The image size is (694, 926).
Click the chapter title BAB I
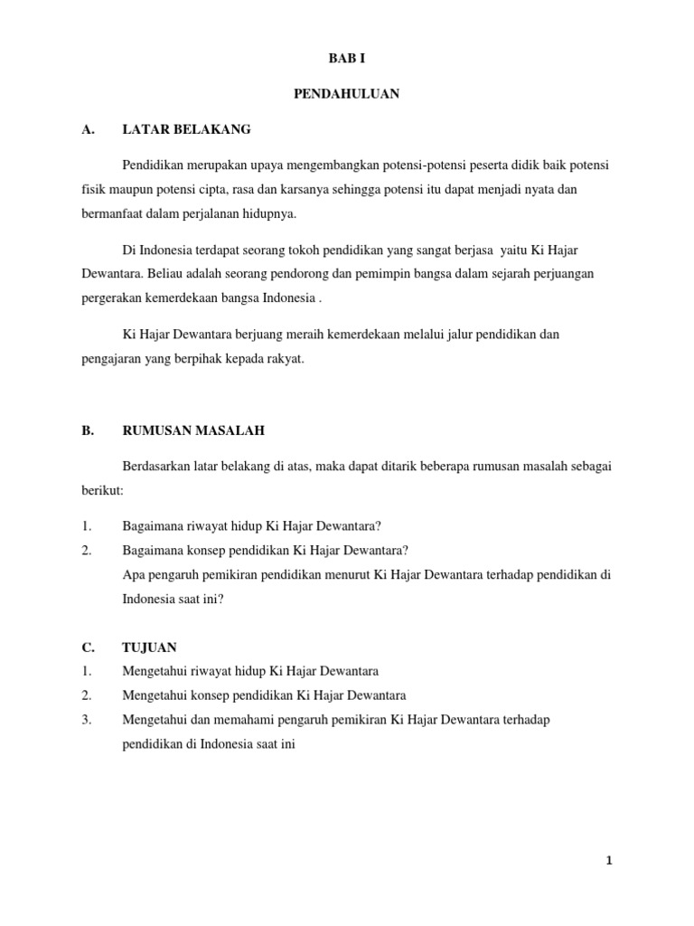click(347, 59)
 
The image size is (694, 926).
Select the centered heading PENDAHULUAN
click(347, 94)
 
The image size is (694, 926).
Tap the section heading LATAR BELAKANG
click(186, 130)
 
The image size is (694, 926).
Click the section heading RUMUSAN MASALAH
click(193, 432)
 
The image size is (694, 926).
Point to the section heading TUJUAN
click(150, 647)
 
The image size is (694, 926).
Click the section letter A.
click(87, 130)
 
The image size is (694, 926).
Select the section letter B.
click(87, 432)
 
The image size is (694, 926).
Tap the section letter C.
click(87, 647)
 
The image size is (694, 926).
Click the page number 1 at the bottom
click(609, 862)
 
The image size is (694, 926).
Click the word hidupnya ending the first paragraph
click(271, 214)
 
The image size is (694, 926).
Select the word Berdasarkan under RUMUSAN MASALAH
click(155, 466)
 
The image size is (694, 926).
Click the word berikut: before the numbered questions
click(100, 489)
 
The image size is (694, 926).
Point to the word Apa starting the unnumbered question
click(132, 574)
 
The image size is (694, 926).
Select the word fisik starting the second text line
click(87, 191)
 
